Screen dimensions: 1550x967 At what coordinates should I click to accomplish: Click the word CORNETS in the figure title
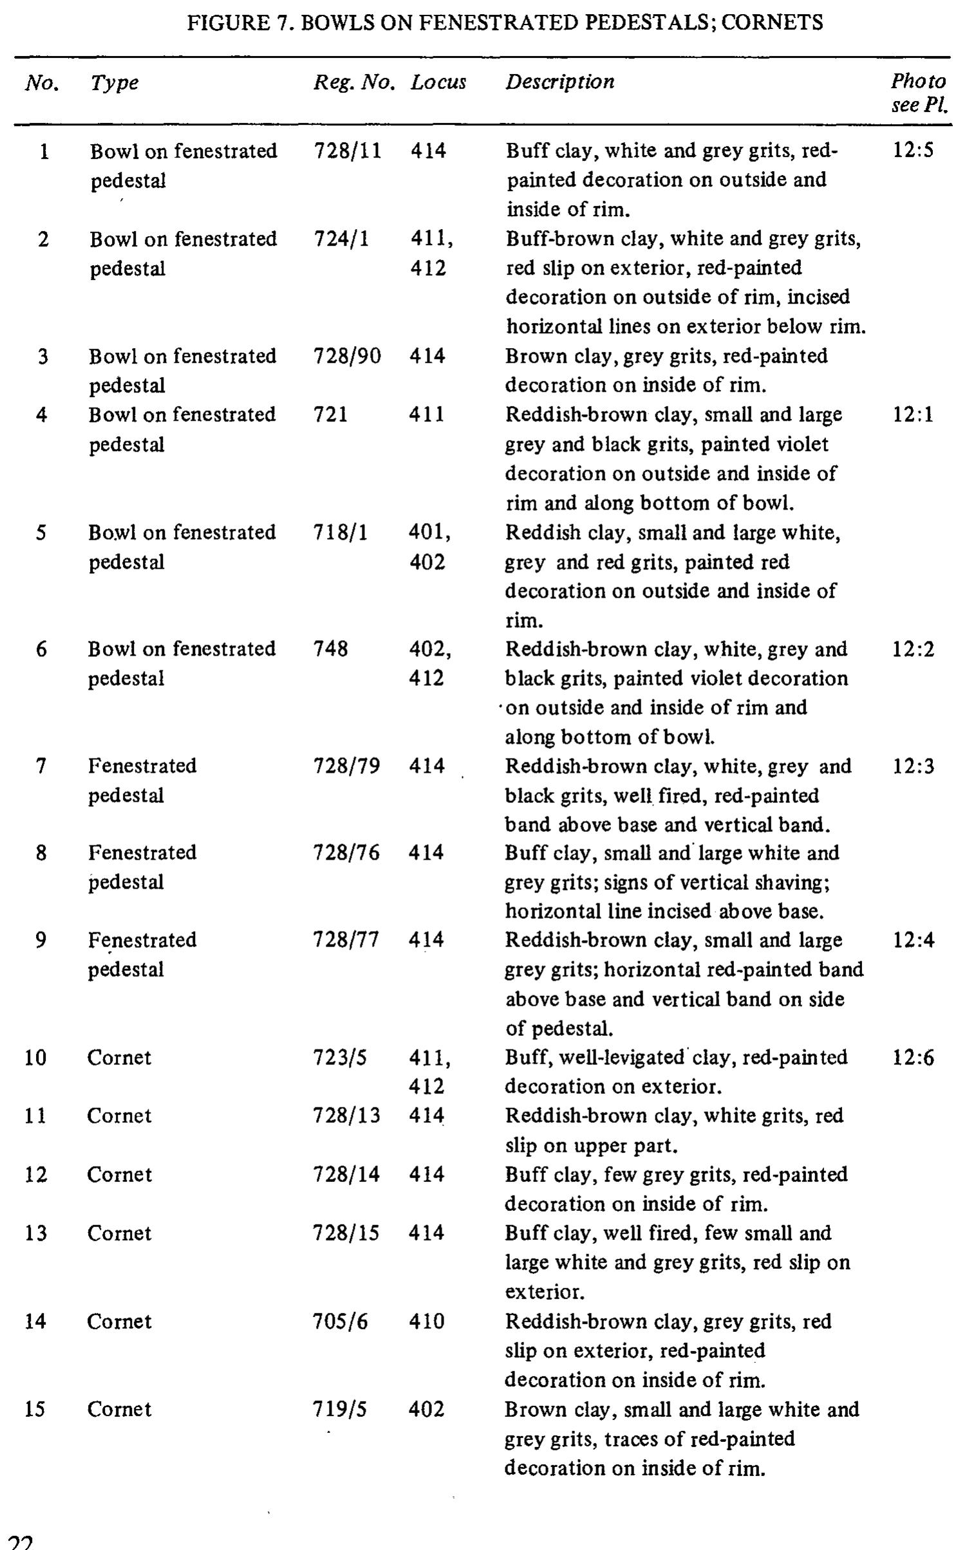[772, 23]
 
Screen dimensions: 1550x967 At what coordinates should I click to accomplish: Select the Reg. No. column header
[353, 82]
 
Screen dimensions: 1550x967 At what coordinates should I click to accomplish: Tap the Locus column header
[438, 82]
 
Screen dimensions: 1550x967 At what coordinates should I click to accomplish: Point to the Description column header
[559, 82]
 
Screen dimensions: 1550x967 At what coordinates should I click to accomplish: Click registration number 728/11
[347, 151]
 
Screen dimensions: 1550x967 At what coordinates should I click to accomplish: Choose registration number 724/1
[341, 239]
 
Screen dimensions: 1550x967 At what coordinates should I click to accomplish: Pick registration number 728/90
[347, 356]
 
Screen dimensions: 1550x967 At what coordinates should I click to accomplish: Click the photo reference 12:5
[913, 151]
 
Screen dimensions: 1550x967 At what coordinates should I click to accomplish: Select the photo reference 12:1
[913, 414]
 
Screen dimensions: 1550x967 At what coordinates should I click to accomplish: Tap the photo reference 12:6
[913, 1058]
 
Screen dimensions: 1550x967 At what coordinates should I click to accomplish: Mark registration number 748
[330, 649]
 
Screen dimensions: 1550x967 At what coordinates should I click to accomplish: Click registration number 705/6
[341, 1322]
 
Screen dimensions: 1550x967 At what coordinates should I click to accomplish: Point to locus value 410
[426, 1322]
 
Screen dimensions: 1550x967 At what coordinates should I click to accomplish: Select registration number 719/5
[340, 1410]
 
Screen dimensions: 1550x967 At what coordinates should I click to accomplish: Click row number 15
[35, 1410]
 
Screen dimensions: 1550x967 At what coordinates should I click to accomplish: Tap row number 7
[41, 766]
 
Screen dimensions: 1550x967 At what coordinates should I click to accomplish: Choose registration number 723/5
[340, 1058]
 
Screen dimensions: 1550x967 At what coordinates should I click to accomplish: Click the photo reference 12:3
[913, 766]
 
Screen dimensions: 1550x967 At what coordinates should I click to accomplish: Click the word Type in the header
[114, 82]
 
